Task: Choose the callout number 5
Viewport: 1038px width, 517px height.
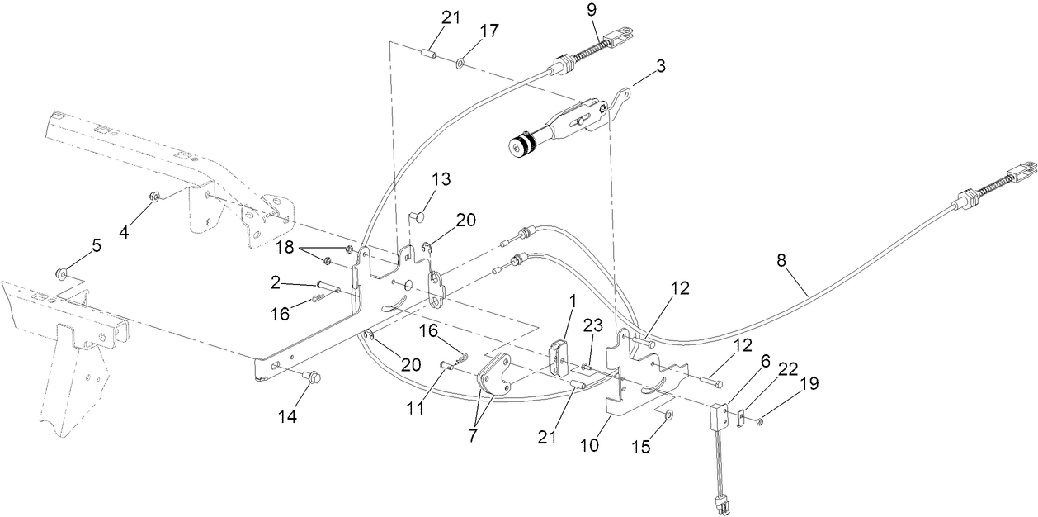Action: [96, 245]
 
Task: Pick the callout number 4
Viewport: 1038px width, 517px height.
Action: [123, 232]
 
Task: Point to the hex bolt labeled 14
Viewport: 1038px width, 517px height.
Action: [312, 377]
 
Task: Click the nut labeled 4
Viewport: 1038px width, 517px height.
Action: [154, 196]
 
